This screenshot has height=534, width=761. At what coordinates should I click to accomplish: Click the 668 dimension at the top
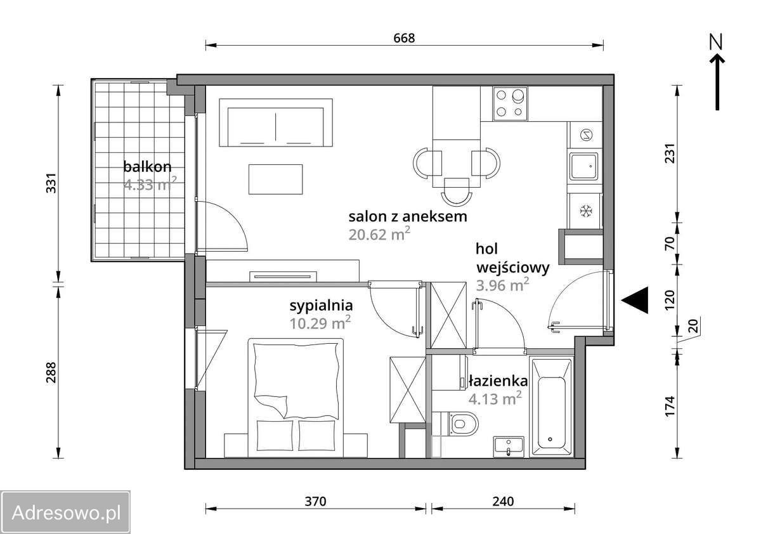pyautogui.click(x=404, y=38)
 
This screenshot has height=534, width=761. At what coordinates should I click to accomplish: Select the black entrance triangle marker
pyautogui.click(x=635, y=300)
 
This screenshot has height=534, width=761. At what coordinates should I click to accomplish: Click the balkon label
pyautogui.click(x=147, y=167)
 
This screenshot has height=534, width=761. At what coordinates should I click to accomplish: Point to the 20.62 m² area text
pyautogui.click(x=379, y=234)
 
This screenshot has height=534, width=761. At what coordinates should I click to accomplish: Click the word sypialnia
pyautogui.click(x=321, y=306)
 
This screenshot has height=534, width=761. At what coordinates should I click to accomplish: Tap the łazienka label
pyautogui.click(x=498, y=381)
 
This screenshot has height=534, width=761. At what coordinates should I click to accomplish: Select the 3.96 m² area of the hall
pyautogui.click(x=502, y=285)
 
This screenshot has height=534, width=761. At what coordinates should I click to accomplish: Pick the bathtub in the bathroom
pyautogui.click(x=551, y=407)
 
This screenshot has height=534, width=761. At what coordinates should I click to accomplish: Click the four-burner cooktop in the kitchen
pyautogui.click(x=511, y=103)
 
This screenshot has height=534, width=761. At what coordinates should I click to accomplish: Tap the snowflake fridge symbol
pyautogui.click(x=586, y=211)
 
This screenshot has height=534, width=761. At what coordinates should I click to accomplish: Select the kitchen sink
pyautogui.click(x=584, y=166)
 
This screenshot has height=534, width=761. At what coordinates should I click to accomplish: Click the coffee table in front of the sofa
pyautogui.click(x=275, y=179)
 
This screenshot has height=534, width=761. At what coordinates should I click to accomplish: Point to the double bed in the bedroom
pyautogui.click(x=296, y=398)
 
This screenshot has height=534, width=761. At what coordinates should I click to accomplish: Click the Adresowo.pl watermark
pyautogui.click(x=65, y=512)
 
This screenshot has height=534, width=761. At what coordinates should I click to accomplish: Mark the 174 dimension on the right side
pyautogui.click(x=670, y=407)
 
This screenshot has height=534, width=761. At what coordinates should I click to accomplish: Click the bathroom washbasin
pyautogui.click(x=509, y=446)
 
